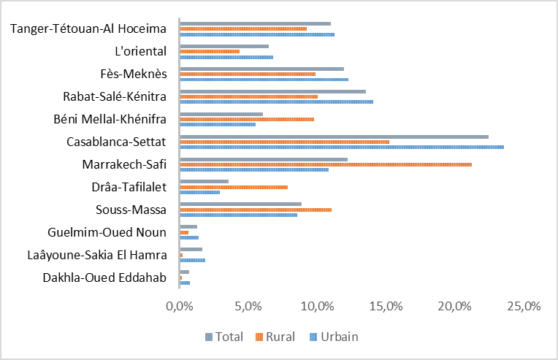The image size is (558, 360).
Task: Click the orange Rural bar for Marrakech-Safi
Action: click(325, 164)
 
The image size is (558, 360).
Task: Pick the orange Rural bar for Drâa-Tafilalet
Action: click(234, 187)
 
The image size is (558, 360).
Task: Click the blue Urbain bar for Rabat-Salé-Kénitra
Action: click(276, 102)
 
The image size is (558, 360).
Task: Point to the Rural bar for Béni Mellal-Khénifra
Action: click(247, 119)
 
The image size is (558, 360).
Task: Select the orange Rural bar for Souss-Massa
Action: click(256, 210)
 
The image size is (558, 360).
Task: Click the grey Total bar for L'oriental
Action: click(224, 46)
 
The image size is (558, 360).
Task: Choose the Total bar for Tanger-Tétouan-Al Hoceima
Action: click(255, 23)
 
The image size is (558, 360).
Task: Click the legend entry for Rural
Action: click(275, 337)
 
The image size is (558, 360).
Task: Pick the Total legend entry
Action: click(223, 337)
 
